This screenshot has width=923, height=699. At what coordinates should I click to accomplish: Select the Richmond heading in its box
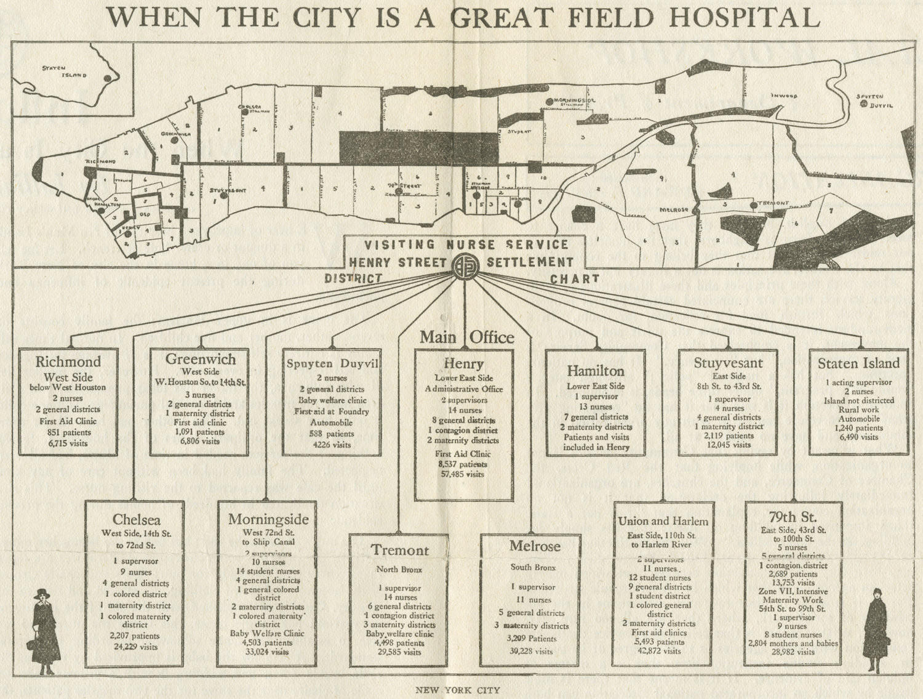68,362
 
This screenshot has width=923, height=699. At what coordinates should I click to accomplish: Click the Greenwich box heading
201,358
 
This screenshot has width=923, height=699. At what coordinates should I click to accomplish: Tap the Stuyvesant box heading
729,362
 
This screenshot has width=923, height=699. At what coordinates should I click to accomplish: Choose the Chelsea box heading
137,520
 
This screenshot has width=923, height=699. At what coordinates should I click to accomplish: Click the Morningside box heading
268,519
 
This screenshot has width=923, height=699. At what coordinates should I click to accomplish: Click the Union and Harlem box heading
663,521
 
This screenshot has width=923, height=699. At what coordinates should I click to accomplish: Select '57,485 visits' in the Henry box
463,474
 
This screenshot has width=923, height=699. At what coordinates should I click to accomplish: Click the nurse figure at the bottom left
43,632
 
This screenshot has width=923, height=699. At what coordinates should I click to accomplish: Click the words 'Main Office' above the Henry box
466,337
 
